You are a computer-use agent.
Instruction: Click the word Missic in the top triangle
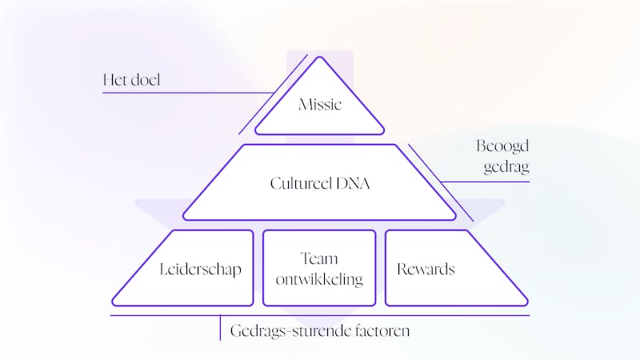pos(319,104)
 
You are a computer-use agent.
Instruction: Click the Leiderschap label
pos(200,270)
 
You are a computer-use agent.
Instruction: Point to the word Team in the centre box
pos(319,259)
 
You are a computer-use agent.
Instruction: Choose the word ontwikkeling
pos(319,279)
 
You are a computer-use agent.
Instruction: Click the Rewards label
pos(426,270)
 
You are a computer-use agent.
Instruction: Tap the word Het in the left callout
pos(115,80)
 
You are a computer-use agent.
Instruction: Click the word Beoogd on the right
pos(503,148)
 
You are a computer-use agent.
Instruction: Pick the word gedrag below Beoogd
pos(506,168)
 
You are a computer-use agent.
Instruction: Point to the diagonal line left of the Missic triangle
pos(273,94)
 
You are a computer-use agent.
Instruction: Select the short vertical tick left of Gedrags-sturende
pos(220,328)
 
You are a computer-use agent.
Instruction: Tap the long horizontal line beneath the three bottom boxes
pos(320,315)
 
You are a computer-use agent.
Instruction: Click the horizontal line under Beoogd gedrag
pos(488,182)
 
